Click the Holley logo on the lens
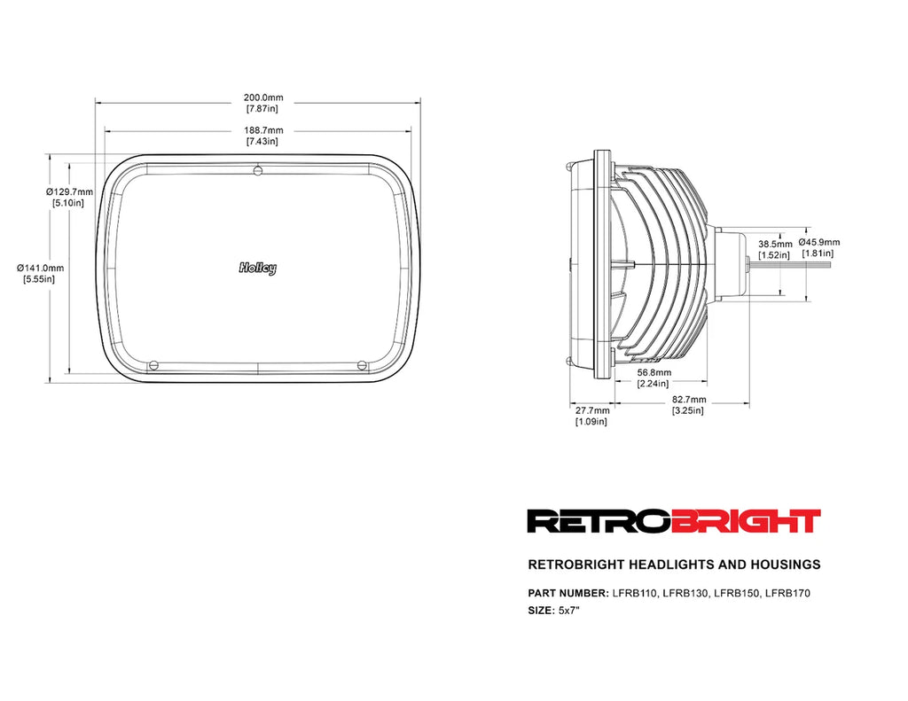(257, 268)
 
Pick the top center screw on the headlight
(257, 170)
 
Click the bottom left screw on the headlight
(153, 363)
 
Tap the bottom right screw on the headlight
(361, 363)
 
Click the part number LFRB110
(634, 593)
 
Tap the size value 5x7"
(568, 611)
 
